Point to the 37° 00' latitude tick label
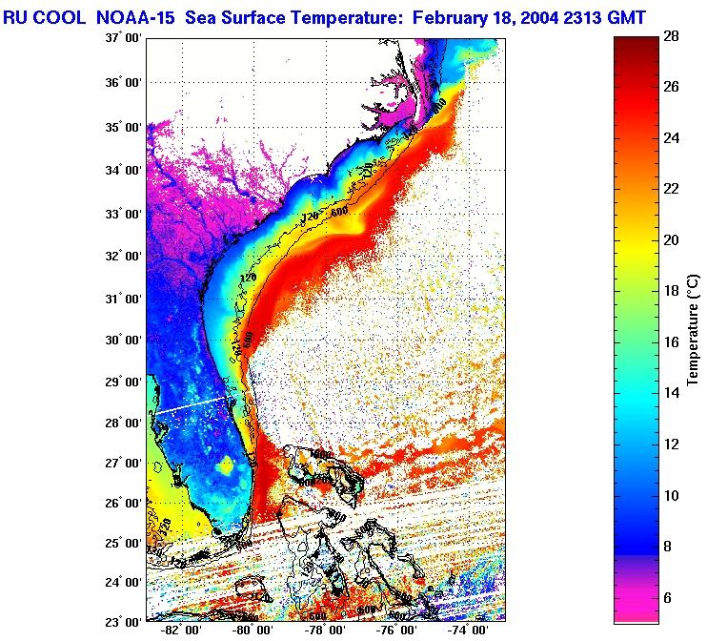[125, 37]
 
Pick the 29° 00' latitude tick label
[125, 383]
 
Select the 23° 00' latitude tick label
[125, 620]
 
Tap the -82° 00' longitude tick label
[177, 632]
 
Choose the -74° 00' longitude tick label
[467, 632]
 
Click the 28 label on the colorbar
[671, 37]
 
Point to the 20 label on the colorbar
[671, 240]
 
